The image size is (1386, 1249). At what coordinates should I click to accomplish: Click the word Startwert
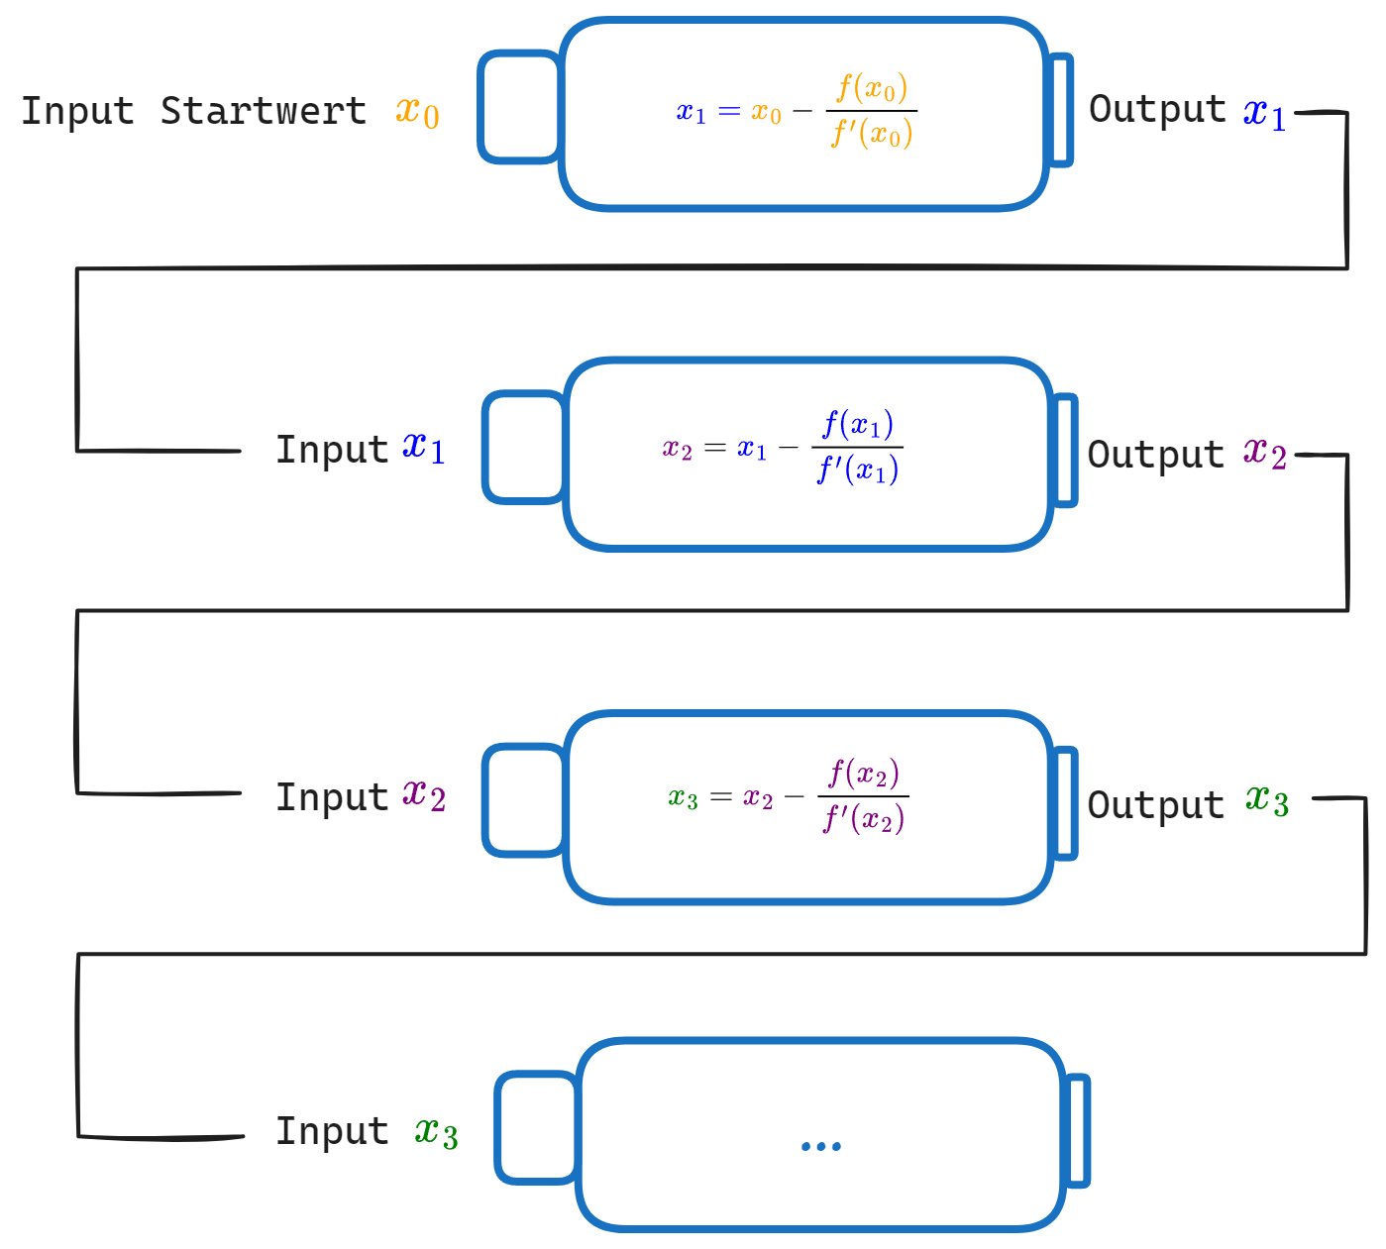click(264, 111)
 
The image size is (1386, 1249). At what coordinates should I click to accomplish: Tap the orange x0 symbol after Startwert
click(417, 113)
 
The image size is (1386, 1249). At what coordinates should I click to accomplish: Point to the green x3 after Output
click(1267, 801)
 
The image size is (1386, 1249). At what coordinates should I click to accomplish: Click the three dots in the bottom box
click(821, 1147)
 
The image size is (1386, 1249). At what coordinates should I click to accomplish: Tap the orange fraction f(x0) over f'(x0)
click(871, 111)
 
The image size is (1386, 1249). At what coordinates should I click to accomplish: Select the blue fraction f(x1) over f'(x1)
click(857, 447)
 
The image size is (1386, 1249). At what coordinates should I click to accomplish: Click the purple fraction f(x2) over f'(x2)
click(863, 796)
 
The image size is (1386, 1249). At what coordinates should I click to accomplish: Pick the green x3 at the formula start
click(683, 798)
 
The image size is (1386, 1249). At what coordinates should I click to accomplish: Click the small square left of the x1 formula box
click(520, 107)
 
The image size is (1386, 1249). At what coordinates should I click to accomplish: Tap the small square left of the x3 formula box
click(525, 800)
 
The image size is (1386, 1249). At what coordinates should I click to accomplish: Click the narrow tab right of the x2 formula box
click(1065, 451)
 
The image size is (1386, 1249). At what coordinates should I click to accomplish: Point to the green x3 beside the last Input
click(436, 1132)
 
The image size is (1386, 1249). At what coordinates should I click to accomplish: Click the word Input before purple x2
click(332, 797)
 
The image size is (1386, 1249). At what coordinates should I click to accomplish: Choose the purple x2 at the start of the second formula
click(677, 450)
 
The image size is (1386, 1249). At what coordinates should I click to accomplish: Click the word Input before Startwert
click(77, 111)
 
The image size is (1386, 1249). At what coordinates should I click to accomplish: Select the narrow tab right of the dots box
click(1078, 1130)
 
